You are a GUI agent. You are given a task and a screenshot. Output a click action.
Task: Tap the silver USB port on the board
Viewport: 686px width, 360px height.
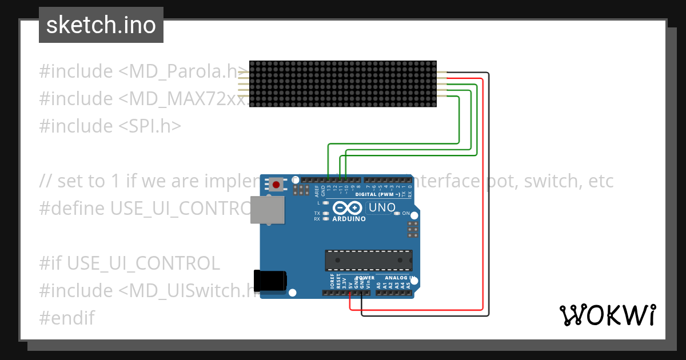point(268,210)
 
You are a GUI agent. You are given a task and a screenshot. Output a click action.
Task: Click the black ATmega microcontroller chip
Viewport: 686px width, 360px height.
point(369,260)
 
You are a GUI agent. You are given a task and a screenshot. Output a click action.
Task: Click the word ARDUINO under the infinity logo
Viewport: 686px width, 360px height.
point(349,218)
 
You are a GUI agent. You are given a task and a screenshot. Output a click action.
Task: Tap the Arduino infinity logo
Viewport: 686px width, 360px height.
point(348,208)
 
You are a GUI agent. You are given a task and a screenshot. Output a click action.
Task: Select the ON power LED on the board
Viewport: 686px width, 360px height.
point(396,213)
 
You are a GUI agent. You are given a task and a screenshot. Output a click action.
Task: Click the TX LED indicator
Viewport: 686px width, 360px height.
point(325,213)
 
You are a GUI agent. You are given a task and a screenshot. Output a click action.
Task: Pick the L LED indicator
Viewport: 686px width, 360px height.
point(325,203)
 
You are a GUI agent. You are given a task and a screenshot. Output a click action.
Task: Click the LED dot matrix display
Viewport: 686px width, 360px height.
point(343,84)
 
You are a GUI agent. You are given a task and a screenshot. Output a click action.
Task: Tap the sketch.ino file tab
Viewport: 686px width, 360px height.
point(101,25)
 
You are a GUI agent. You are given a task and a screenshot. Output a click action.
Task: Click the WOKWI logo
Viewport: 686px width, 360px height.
point(607,315)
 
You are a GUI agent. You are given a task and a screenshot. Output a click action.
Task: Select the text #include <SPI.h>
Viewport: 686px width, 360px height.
point(110,126)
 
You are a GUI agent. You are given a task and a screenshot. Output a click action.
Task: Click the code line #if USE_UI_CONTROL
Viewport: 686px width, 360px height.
point(129,263)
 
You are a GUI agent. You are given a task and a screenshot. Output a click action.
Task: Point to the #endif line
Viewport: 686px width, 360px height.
point(67,318)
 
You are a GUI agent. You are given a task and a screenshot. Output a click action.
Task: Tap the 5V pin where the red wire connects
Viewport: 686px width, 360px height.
point(350,293)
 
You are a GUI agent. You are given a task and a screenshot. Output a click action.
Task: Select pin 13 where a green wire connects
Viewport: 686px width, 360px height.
point(328,179)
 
